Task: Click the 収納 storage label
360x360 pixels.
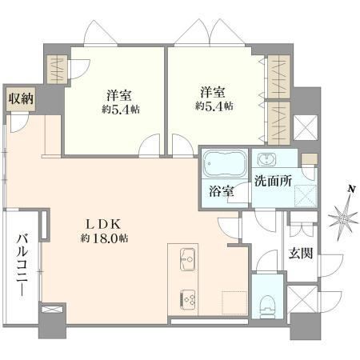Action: tap(21, 99)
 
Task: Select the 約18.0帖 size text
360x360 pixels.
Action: tap(104, 238)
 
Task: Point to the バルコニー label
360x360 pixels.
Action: tap(22, 265)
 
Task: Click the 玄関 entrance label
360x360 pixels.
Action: tap(301, 253)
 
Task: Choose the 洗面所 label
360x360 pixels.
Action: tap(273, 181)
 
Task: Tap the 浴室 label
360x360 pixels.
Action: tap(222, 190)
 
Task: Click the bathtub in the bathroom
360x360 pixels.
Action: tap(225, 164)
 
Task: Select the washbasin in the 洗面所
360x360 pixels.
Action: tap(266, 159)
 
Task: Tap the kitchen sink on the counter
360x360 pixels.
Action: tap(188, 259)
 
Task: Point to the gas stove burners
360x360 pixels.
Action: tap(188, 300)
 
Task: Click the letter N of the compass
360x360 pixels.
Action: tap(351, 189)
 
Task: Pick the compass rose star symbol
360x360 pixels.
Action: tap(342, 218)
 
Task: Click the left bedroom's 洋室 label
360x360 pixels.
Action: tap(119, 95)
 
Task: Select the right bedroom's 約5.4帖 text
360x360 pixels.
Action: tap(214, 106)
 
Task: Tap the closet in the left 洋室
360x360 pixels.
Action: tap(57, 69)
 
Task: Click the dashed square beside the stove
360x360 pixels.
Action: tap(234, 303)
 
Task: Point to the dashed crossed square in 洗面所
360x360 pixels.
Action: tap(306, 196)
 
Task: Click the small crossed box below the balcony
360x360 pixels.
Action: tap(53, 310)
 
